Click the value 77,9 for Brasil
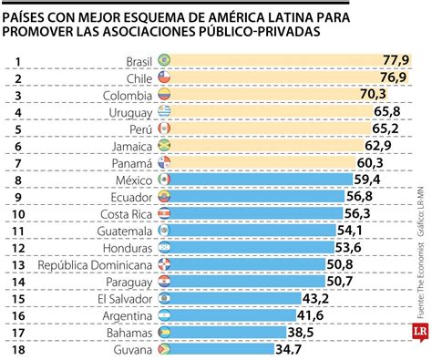396,60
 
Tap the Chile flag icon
164,77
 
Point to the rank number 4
16,111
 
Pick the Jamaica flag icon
164,146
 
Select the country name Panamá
133,162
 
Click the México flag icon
164,180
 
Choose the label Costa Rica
126,213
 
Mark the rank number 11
16,231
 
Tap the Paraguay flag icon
164,282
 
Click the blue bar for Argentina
228,315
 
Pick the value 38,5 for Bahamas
301,333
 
